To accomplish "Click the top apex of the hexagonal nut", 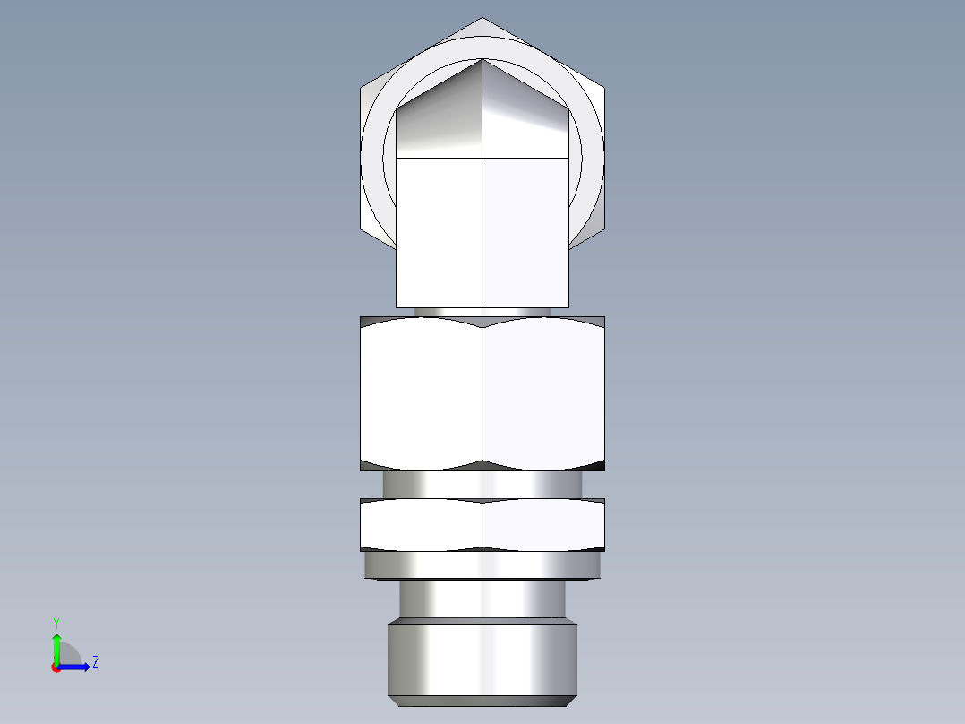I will point(482,19).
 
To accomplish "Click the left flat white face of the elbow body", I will point(440,231).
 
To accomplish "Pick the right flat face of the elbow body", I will point(525,231).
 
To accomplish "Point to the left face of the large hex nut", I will point(421,394).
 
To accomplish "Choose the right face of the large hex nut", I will point(543,394).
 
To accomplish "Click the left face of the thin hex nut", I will point(421,524).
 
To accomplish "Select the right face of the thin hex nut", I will point(543,524).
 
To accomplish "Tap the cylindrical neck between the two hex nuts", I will point(482,484).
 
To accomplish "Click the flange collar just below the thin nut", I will point(482,565).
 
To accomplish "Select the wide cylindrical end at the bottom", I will point(482,659).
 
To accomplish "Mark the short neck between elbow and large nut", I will point(482,312).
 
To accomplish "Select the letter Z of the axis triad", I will point(95,662).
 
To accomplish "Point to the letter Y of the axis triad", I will point(56,622).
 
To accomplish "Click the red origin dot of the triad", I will point(56,668).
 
